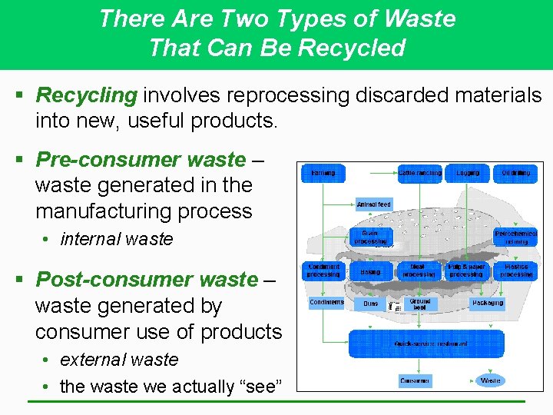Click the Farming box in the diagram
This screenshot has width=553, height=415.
pos(323,174)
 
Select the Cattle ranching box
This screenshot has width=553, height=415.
pos(419,174)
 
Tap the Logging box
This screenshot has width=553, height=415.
pos(468,174)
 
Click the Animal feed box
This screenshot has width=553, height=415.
pos(374,204)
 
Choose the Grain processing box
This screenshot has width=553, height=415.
pos(370,237)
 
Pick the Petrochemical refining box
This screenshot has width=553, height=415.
pos(515,237)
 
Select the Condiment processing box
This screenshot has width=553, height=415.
pos(323,271)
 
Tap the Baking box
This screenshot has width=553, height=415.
pos(370,272)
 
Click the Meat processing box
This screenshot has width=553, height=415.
pos(419,271)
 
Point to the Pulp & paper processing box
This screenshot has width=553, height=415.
pos(466,271)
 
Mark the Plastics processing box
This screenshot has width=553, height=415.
pos(515,271)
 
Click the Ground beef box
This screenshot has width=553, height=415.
pos(420,304)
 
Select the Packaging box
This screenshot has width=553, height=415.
pos(488,304)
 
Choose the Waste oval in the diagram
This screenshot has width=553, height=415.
pos(490,380)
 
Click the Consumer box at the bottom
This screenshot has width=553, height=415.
pos(415,381)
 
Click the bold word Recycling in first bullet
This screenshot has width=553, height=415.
pos(87,95)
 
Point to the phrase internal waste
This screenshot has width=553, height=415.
pos(117,239)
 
